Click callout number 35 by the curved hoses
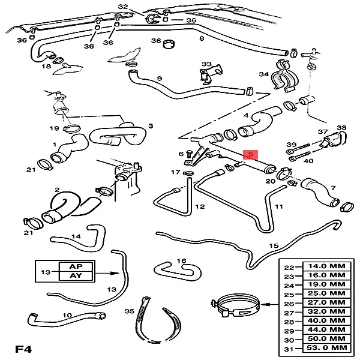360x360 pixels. click(127, 311)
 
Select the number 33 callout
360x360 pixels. click(206, 64)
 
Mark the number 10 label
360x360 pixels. click(67, 315)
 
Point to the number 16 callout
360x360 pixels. click(182, 261)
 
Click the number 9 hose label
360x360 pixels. click(160, 79)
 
